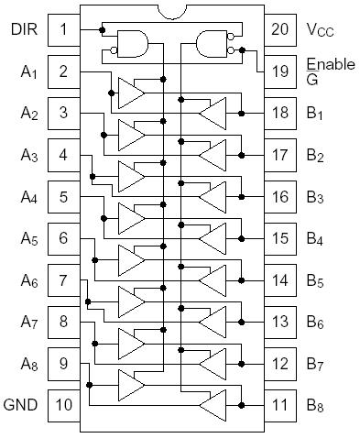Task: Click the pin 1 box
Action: [64, 28]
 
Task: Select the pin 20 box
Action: [279, 28]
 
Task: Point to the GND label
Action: [21, 404]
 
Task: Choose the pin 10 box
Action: [64, 404]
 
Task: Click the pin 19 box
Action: [279, 71]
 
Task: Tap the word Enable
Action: [327, 64]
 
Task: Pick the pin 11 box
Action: [279, 404]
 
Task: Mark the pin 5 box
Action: [64, 195]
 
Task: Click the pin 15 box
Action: [279, 237]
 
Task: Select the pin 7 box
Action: [64, 279]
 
